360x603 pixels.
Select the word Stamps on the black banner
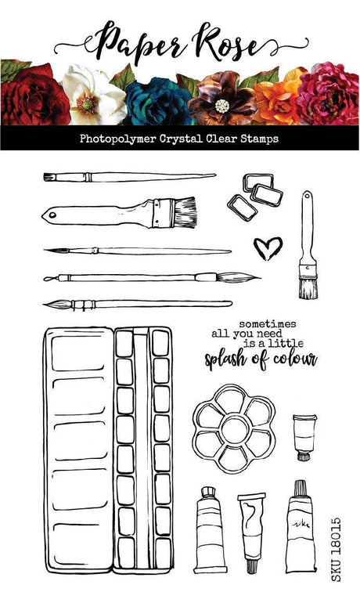click(x=259, y=139)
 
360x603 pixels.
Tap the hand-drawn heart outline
click(x=268, y=248)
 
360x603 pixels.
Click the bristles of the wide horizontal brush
click(x=185, y=211)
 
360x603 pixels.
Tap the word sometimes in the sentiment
click(x=268, y=323)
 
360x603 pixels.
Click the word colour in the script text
click(x=295, y=359)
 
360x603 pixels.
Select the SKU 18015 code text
click(x=336, y=549)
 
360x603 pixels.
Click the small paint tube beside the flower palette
click(x=304, y=437)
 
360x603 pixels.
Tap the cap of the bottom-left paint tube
click(x=208, y=491)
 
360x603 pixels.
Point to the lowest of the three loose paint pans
click(x=242, y=207)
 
